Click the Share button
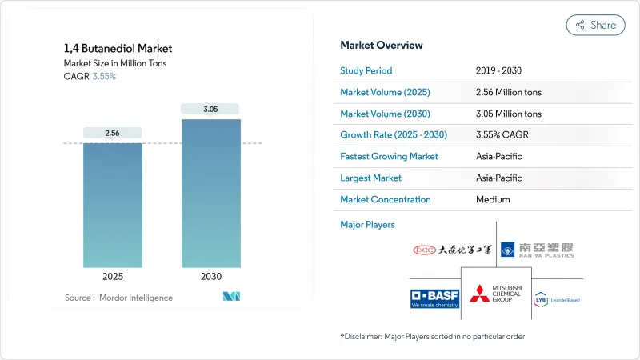click(595, 25)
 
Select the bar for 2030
click(210, 192)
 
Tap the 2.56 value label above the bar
click(113, 133)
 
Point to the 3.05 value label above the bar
click(210, 109)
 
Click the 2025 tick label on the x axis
click(113, 276)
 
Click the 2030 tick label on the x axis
click(210, 276)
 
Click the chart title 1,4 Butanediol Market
click(118, 48)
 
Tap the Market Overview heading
click(382, 45)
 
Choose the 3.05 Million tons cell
click(508, 114)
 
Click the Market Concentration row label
click(385, 199)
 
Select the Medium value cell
click(492, 199)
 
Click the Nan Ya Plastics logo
click(538, 250)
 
